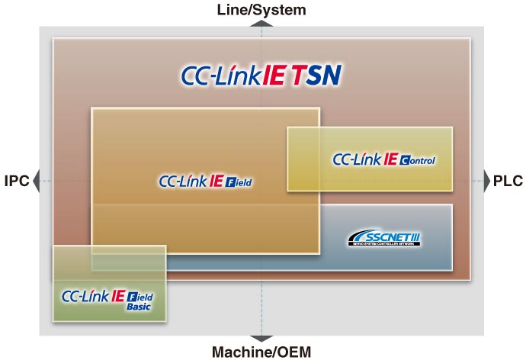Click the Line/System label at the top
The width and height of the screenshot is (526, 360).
pos(261,10)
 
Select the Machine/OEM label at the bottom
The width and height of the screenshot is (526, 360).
pos(261,351)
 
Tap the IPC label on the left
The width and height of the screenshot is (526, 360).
pos(16,182)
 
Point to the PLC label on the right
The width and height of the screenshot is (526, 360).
pos(508,182)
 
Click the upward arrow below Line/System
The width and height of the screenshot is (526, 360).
pos(261,24)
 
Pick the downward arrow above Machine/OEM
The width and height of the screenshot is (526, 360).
pos(261,338)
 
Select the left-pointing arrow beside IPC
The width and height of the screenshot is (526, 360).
pos(36,182)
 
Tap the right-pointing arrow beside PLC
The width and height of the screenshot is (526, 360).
pos(487,182)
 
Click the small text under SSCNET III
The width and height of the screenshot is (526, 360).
pos(383,246)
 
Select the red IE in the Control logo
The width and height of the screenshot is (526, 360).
pos(390,159)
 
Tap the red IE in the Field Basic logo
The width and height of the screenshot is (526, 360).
pos(117,295)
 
